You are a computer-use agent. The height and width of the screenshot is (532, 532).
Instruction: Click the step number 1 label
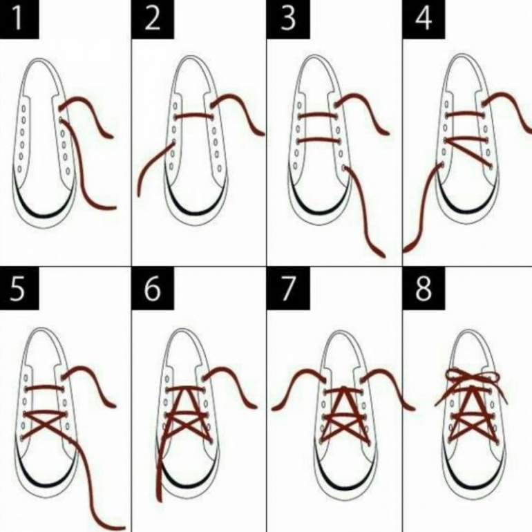(19, 19)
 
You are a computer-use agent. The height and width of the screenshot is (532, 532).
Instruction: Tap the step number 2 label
(152, 19)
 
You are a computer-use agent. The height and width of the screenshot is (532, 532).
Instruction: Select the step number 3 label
(288, 19)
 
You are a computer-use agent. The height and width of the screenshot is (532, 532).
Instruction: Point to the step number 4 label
(424, 19)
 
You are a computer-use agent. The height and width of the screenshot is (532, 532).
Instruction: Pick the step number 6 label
(152, 288)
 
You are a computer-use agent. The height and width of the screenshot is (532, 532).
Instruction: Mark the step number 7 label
(288, 288)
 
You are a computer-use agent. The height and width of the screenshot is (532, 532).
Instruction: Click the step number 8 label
(424, 288)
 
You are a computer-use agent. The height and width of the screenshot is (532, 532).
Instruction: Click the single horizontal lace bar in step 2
(193, 115)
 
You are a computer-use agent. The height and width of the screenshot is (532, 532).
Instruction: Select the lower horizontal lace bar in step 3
(318, 140)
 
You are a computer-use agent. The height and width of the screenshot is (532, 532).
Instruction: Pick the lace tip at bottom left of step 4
(406, 249)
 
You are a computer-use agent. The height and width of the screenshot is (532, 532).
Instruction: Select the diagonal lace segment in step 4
(468, 153)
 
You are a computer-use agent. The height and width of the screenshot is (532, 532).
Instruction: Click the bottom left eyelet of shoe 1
(19, 169)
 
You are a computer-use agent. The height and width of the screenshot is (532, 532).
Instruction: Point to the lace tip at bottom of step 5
(120, 527)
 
